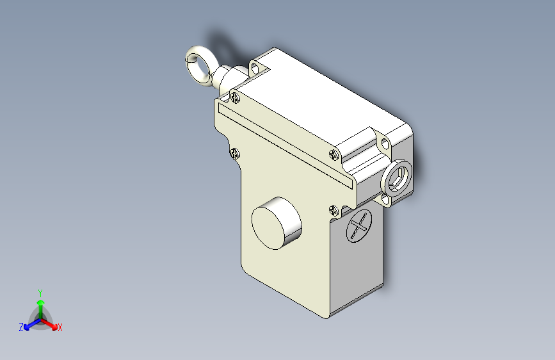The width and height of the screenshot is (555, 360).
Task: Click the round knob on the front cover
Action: click(x=276, y=222)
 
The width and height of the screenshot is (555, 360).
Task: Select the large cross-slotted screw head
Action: click(x=359, y=225)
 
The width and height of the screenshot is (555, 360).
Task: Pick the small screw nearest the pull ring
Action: click(x=235, y=97)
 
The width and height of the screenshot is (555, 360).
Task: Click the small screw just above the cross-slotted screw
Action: click(x=334, y=209)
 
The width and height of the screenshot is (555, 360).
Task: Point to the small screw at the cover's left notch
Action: click(x=234, y=152)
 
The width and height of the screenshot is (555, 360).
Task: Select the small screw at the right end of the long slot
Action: click(x=334, y=153)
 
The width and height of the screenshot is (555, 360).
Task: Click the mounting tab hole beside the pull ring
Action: click(x=257, y=67)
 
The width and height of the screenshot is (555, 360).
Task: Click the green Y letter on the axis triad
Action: click(x=40, y=291)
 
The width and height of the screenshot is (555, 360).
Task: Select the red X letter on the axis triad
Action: click(x=60, y=328)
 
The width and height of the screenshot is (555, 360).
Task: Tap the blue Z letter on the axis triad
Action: click(x=21, y=327)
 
